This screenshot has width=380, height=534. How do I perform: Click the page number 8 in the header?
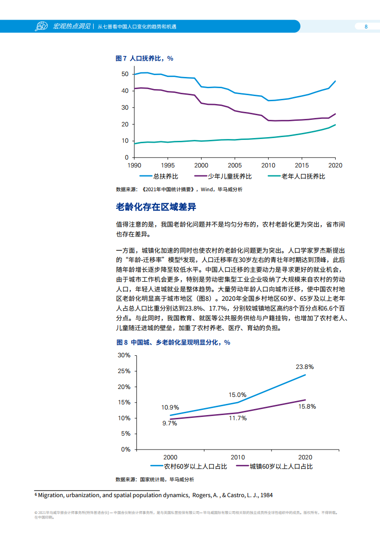pyautogui.click(x=366, y=27)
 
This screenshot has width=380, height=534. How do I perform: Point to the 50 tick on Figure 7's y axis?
pyautogui.click(x=124, y=74)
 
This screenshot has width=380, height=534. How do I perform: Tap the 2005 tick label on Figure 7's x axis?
pyautogui.click(x=235, y=166)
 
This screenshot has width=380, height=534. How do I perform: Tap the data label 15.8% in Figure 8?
pyautogui.click(x=306, y=406)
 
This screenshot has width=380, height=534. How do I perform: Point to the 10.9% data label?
pyautogui.click(x=170, y=407)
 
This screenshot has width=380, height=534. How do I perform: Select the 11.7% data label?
pyautogui.click(x=237, y=418)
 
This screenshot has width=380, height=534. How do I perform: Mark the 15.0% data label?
pyautogui.click(x=237, y=395)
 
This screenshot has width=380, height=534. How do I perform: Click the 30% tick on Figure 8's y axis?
pyautogui.click(x=124, y=355)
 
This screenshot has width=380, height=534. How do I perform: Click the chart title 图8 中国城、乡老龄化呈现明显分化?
pyautogui.click(x=173, y=342)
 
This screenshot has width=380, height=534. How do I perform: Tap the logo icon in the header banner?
pyautogui.click(x=41, y=27)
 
